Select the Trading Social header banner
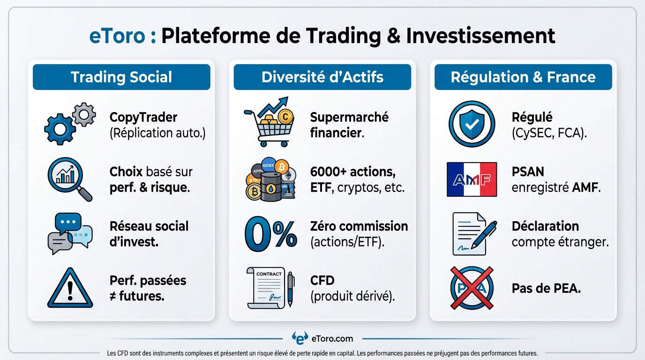121,77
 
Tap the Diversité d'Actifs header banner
322,77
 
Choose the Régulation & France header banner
523,77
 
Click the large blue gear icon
60,128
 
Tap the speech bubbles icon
70,233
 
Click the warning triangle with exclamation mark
70,288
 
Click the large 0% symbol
270,233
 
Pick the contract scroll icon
269,288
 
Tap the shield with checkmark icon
471,124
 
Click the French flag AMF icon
472,179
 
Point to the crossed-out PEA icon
471,288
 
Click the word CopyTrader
143,117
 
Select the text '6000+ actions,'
352,172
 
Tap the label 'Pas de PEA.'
546,288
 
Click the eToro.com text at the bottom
331,338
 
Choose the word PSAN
528,172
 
